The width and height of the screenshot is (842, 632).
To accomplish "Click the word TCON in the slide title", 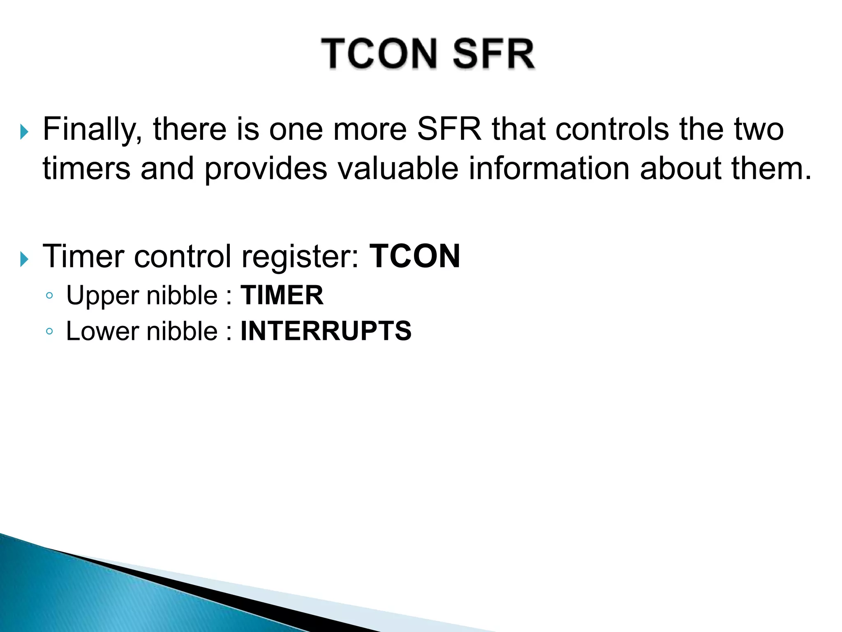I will click(379, 54).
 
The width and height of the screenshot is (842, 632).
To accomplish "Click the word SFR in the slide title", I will click(493, 54).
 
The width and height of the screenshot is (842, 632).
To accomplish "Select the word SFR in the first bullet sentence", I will click(449, 129).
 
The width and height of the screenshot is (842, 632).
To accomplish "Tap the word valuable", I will click(398, 169).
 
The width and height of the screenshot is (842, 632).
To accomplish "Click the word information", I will click(549, 169).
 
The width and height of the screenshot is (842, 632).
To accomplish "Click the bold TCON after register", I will click(414, 256).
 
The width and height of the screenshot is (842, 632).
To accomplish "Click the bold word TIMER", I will click(282, 295).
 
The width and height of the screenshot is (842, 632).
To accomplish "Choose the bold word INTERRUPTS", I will click(326, 331).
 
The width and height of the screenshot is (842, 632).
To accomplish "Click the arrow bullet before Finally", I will click(24, 132).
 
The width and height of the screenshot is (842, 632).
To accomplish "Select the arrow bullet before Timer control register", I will click(24, 260).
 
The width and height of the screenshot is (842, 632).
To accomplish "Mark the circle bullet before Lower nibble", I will click(49, 331).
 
